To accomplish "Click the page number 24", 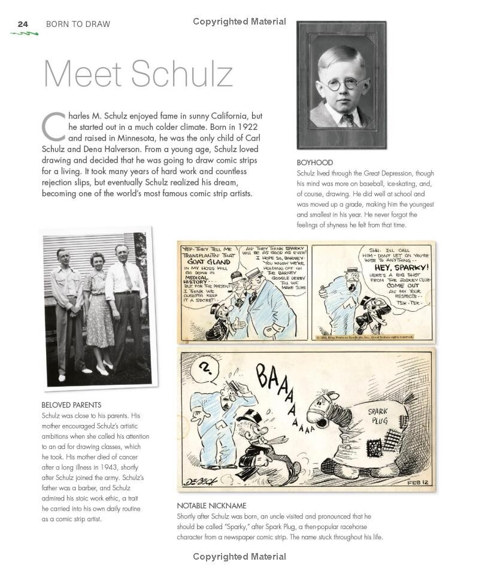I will pos(23,24).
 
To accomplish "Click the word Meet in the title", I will pos(83,74).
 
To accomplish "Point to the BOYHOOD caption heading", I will pos(314,163).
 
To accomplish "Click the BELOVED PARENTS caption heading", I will pos(71,405).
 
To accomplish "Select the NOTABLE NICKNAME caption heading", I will pos(211,506).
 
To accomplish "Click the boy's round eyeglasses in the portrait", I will pos(341,84).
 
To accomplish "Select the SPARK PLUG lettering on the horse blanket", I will pos(378,415).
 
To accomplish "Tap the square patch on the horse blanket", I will pos(359,448).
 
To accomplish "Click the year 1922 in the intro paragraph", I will pos(249,127).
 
